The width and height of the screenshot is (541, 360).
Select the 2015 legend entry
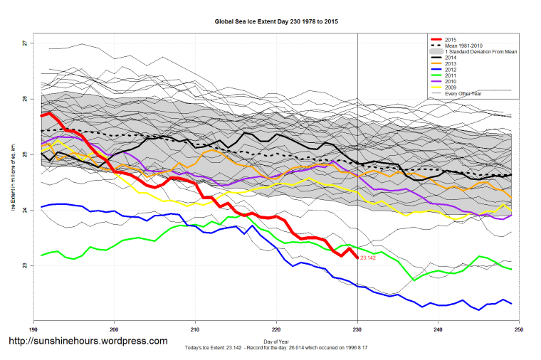click(x=448, y=38)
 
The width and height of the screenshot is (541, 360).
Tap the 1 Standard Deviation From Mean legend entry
click(x=477, y=51)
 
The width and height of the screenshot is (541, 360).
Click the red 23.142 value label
click(x=368, y=259)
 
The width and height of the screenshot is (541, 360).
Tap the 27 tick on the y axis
click(x=24, y=43)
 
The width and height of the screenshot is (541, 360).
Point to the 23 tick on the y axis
click(x=24, y=265)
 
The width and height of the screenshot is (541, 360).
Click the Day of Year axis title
click(x=276, y=342)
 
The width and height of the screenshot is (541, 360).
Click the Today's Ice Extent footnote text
click(x=276, y=349)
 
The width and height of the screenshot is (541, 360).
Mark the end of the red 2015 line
click(x=357, y=258)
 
